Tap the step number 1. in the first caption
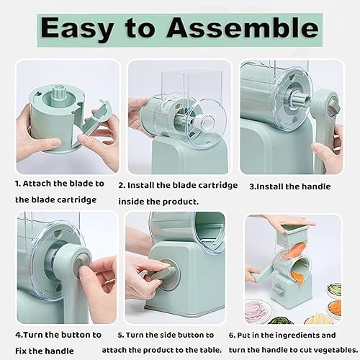point(20,184)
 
